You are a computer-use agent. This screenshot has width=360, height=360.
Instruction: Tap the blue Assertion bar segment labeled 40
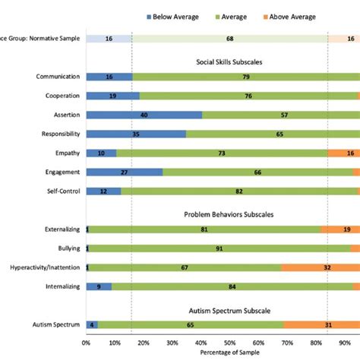[x=144, y=115]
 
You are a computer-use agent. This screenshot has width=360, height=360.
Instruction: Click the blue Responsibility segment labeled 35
[x=136, y=134]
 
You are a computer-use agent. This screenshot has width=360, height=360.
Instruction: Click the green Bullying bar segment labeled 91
[x=219, y=248]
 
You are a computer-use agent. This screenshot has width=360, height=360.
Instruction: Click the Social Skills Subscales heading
[x=230, y=62]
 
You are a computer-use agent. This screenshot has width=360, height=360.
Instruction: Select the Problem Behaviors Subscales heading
[x=230, y=214]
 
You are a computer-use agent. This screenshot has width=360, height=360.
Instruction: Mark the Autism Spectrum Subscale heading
[x=230, y=310]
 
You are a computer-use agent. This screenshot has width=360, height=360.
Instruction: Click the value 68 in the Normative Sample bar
[x=230, y=38]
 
